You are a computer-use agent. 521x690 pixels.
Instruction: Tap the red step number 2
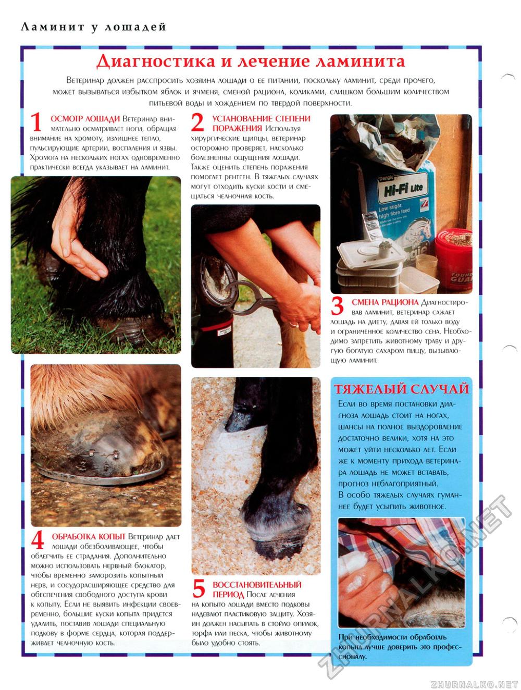(x=197, y=122)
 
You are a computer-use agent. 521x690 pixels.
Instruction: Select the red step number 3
(x=337, y=306)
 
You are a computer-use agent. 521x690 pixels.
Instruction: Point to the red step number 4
(x=38, y=540)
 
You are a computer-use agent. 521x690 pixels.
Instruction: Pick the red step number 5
(x=199, y=588)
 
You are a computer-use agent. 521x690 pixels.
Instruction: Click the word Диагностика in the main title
(x=156, y=61)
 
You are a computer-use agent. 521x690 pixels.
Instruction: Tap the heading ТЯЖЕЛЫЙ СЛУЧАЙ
(x=401, y=389)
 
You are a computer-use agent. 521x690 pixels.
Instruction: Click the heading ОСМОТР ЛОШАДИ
(x=85, y=119)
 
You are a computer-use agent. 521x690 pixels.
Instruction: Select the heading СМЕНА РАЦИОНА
(x=385, y=302)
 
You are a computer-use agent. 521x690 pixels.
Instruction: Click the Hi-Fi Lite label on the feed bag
(x=403, y=189)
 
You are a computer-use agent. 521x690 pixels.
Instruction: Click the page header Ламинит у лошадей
(x=93, y=27)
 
